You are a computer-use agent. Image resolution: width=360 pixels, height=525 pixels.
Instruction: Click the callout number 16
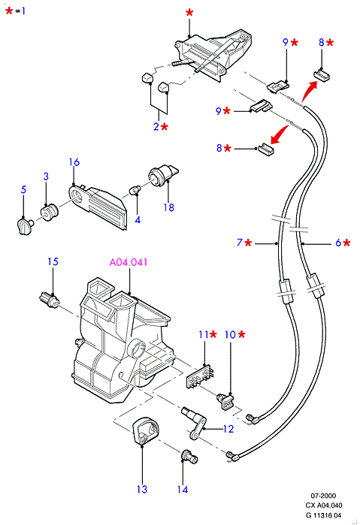click(x=74, y=162)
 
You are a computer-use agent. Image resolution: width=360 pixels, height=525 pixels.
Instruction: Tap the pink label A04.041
click(x=129, y=262)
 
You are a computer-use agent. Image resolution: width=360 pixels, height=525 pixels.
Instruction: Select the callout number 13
click(x=142, y=489)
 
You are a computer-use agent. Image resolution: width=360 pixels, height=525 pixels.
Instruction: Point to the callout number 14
click(x=183, y=490)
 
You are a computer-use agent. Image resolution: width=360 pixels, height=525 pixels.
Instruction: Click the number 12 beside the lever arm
click(x=228, y=429)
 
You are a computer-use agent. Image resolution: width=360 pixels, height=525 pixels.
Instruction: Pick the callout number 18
click(x=169, y=207)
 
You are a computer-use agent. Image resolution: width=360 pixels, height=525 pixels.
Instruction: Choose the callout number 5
click(x=23, y=189)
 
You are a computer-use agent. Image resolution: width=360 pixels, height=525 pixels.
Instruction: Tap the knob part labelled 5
click(x=25, y=225)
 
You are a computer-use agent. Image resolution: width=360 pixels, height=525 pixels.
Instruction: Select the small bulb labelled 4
click(x=135, y=191)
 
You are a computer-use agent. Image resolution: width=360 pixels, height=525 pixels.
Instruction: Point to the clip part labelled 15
click(x=50, y=300)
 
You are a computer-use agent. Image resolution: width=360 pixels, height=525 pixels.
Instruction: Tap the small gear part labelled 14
click(x=189, y=457)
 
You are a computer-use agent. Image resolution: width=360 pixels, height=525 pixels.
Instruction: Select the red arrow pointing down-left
click(x=280, y=134)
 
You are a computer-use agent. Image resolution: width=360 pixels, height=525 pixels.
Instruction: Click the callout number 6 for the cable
click(x=338, y=243)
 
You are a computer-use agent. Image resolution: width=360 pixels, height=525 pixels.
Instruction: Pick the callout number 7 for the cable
click(x=240, y=243)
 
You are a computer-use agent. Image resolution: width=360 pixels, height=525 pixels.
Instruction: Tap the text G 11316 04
click(x=323, y=515)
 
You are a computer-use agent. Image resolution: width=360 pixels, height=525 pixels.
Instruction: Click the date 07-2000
click(x=323, y=496)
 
